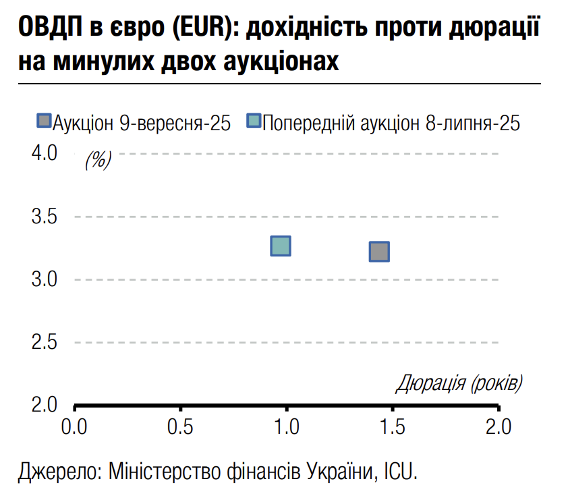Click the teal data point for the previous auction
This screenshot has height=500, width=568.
coord(280,246)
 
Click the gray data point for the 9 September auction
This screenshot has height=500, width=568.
coord(379,252)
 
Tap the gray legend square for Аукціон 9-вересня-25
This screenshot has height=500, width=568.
coord(44,121)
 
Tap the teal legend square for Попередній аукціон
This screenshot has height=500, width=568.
coord(254,121)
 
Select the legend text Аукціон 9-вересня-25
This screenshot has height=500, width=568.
coord(142,123)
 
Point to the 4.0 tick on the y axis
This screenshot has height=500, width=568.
coord(45,153)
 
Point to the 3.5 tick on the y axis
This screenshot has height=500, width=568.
coord(45,217)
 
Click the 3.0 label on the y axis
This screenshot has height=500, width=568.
coord(45,279)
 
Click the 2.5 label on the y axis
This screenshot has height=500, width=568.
coord(45,342)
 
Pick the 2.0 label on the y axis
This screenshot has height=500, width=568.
coord(45,405)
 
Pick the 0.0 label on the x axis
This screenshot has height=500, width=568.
coord(74,426)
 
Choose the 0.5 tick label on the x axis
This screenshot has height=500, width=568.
coord(180,426)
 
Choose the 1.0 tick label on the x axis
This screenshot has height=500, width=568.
coord(287,426)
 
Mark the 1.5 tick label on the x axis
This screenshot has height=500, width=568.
coord(393,426)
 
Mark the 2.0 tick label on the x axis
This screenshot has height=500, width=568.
coord(498,426)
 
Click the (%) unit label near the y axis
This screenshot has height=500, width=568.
coord(98,161)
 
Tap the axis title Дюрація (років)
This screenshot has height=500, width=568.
coord(459,383)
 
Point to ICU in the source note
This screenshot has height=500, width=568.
coord(402,470)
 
